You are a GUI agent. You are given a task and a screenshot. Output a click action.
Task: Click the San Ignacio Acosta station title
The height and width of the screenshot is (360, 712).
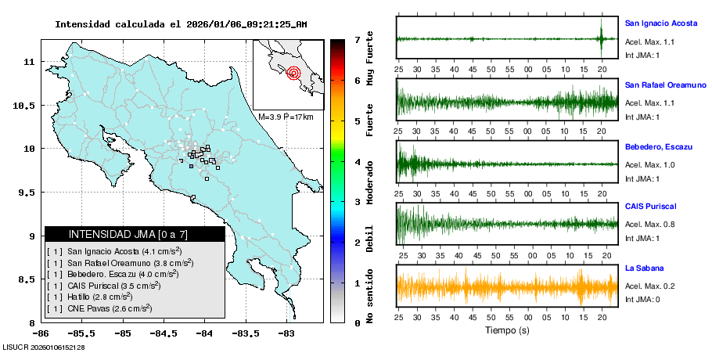(660, 23)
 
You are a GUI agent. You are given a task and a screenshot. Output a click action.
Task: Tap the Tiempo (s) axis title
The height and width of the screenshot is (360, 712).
(507, 330)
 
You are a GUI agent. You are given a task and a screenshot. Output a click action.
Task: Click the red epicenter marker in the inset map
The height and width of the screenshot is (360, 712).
(294, 74)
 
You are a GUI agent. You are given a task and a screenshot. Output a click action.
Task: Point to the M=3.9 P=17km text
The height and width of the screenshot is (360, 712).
(286, 117)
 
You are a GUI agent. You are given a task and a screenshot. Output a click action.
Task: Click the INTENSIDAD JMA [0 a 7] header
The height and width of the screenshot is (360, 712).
(134, 234)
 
